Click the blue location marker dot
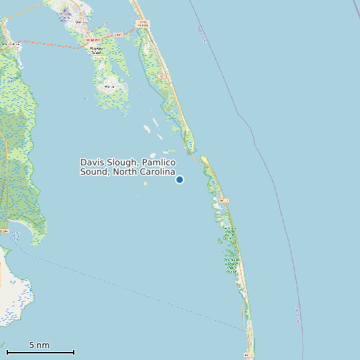[179, 179]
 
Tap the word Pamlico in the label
[158, 163]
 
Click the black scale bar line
[40, 352]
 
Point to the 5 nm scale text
[39, 345]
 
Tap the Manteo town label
[82, 23]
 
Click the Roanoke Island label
[97, 49]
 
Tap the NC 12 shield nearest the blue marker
[224, 200]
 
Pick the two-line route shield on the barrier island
[142, 24]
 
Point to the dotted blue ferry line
[133, 292]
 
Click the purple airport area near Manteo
[65, 15]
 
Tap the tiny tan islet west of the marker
[145, 183]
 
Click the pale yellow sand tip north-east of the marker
[205, 160]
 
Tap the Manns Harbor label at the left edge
[9, 44]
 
